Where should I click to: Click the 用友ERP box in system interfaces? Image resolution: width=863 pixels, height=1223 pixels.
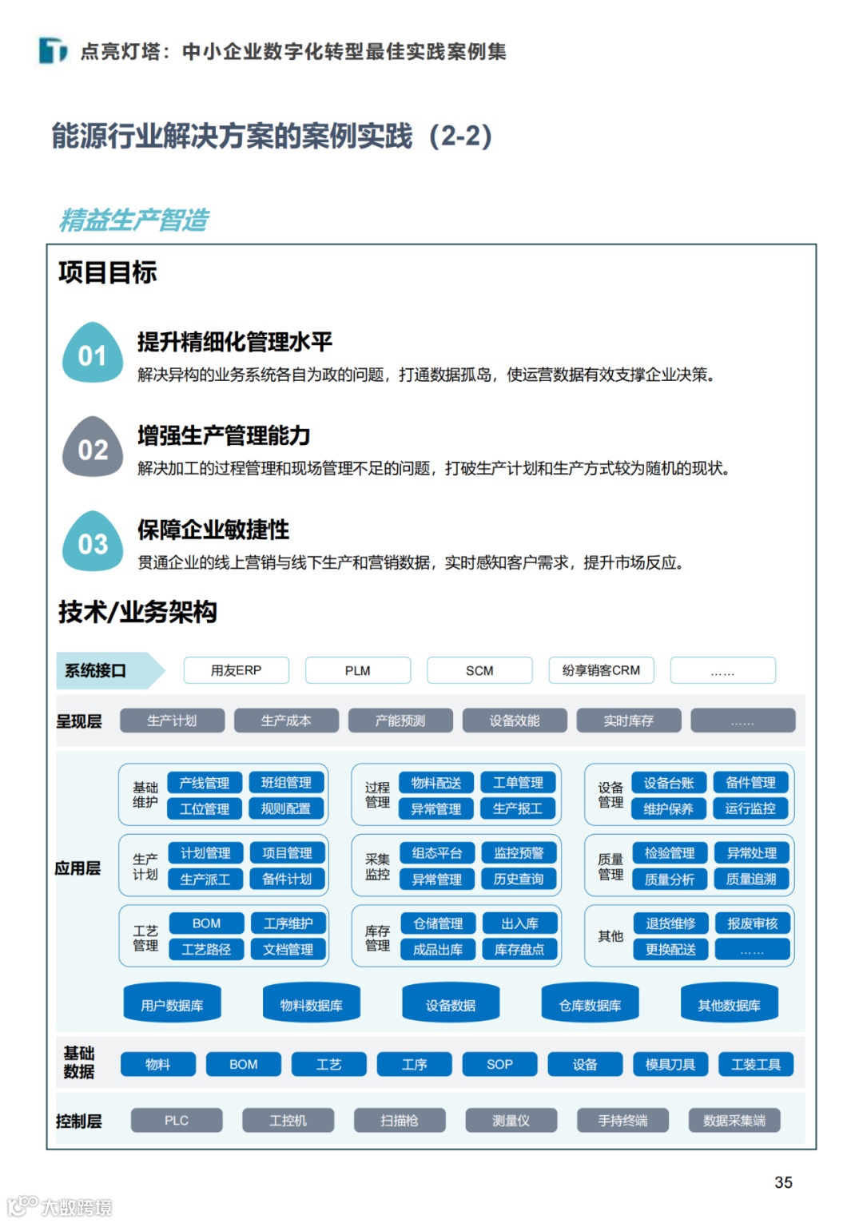236,670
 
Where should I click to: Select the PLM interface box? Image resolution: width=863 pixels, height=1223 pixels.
357,670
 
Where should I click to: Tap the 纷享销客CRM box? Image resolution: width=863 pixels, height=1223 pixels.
601,670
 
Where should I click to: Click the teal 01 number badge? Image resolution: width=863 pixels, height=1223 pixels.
93,354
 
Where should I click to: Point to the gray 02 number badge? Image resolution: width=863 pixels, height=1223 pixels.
93,448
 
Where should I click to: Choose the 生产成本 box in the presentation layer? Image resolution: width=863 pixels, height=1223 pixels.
286,721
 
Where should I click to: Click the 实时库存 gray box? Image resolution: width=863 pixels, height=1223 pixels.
628,721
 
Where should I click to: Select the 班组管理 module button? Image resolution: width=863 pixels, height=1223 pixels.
286,783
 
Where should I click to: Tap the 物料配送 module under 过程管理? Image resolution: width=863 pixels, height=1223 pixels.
436,783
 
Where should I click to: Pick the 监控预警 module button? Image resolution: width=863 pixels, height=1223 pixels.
519,853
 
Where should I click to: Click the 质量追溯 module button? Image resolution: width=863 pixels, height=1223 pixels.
751,879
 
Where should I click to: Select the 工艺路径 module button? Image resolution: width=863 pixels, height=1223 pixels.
205,949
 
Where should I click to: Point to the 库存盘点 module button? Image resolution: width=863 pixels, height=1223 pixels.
519,949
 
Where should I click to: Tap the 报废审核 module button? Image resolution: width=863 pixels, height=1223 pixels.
752,923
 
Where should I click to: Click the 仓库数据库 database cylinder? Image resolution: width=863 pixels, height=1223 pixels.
590,1004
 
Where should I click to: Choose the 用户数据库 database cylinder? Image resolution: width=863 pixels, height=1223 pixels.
172,1004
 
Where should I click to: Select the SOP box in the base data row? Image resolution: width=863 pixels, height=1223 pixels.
499,1064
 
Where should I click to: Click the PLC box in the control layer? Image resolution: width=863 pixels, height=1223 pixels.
177,1121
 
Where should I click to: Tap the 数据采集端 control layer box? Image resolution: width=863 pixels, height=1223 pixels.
734,1121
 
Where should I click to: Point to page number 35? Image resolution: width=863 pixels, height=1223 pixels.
783,1182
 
